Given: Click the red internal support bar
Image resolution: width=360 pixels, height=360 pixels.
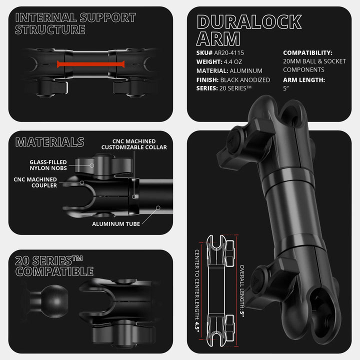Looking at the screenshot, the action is tap(91, 64).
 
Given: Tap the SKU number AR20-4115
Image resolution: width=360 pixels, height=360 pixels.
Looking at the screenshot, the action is tap(229, 53).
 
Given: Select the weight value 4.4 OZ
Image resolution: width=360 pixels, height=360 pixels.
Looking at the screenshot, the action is tap(233, 62).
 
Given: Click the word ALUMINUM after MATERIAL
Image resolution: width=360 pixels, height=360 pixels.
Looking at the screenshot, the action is tap(246, 71).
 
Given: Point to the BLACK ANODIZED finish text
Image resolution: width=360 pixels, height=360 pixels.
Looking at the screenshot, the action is tap(245, 80).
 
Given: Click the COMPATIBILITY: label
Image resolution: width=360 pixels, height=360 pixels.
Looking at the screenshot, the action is tap(307, 53).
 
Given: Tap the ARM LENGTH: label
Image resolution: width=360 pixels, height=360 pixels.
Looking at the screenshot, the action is tap(304, 80).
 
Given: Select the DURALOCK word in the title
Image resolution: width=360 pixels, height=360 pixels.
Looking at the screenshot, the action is tap(249, 22).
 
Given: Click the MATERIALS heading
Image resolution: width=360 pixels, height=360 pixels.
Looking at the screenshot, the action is tap(50, 142).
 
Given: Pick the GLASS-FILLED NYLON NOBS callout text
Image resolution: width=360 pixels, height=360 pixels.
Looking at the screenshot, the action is tap(48, 165).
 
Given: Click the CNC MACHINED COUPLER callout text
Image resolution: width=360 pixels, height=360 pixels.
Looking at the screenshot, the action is tap(35, 182).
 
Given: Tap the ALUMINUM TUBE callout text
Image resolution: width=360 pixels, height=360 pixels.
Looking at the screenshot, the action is tap(116, 224).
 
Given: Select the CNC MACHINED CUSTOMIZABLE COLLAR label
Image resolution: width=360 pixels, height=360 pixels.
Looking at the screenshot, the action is tap(134, 144).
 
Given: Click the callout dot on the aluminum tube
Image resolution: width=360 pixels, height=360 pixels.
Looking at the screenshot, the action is tap(158, 208).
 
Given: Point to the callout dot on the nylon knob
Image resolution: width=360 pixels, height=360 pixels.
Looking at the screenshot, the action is tap(92, 165).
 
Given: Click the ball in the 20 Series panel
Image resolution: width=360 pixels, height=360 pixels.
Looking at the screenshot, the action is tap(54, 301).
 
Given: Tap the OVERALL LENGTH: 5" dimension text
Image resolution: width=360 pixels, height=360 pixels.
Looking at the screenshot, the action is tap(242, 291).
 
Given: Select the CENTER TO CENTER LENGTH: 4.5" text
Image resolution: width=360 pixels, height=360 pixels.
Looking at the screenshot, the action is tap(197, 290).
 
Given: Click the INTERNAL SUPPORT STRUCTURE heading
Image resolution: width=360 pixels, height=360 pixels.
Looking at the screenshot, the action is tap(75, 23).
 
